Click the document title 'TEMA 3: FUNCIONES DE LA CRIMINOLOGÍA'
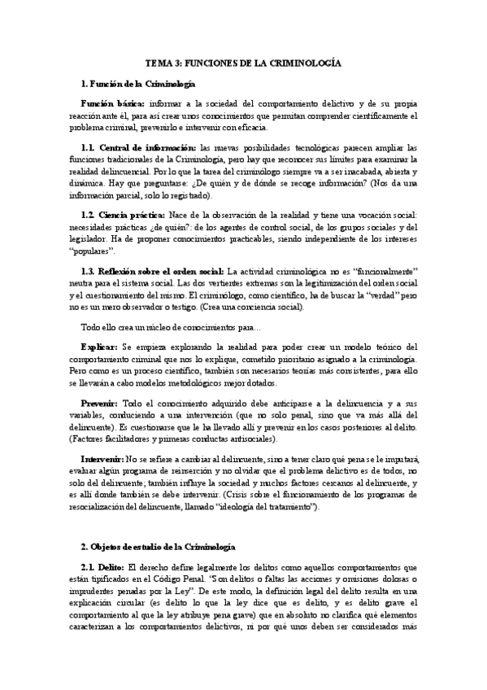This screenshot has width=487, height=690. pos(243,63)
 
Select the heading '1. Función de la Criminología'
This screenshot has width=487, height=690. pos(137,84)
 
